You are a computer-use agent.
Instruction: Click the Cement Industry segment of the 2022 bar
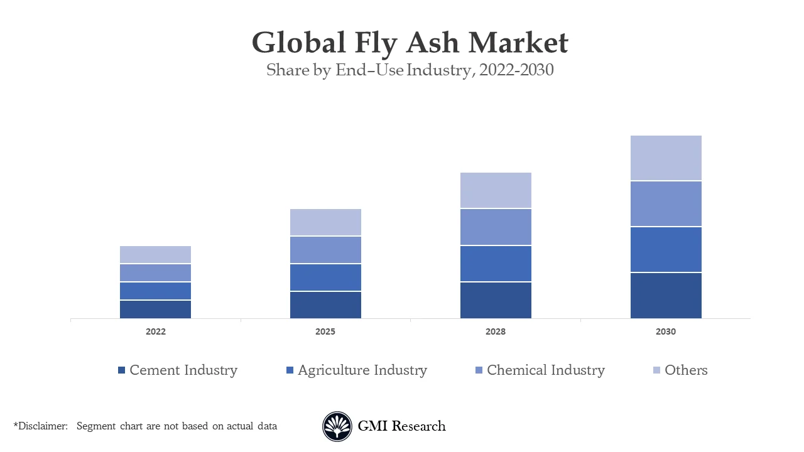tap(155, 309)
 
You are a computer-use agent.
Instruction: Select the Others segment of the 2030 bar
tap(666, 158)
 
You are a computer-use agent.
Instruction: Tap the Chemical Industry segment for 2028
tap(496, 227)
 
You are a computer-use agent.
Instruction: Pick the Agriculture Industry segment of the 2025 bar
tap(325, 277)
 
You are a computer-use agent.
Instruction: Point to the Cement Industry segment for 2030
tap(666, 296)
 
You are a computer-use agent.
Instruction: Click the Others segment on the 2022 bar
tap(155, 254)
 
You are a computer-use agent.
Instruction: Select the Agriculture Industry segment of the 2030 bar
tap(666, 250)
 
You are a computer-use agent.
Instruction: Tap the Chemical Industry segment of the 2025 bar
tap(325, 250)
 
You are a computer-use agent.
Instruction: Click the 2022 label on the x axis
tap(155, 331)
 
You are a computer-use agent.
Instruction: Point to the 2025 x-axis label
tap(325, 331)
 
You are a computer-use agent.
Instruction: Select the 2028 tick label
tap(496, 331)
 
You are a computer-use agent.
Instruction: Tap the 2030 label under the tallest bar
tap(666, 331)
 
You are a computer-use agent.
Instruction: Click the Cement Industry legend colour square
tap(122, 370)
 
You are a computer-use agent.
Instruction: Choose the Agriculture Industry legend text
tap(362, 370)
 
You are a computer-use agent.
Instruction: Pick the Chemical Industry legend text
tap(546, 370)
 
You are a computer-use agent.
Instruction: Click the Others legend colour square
tap(656, 370)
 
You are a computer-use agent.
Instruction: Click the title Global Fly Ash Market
tap(410, 43)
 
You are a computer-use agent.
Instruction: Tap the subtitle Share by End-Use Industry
tap(410, 70)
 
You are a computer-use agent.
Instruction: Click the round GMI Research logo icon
tap(337, 426)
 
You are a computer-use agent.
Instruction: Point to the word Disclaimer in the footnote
tap(42, 426)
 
